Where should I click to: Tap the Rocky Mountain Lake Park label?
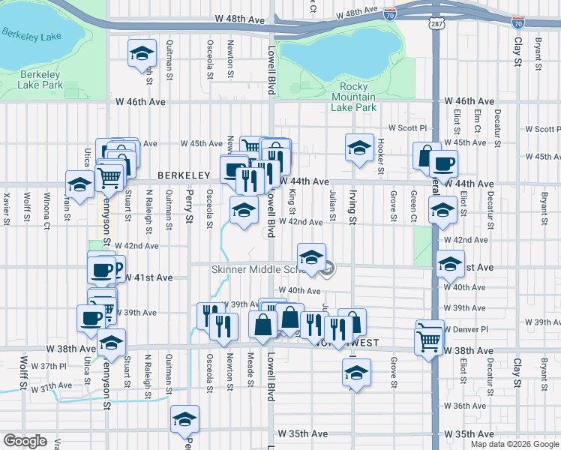[x=353, y=97]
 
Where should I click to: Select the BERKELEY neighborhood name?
[x=182, y=175]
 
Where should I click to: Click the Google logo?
[x=25, y=441]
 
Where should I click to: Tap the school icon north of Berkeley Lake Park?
[x=142, y=55]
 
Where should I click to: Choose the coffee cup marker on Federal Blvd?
[x=443, y=164]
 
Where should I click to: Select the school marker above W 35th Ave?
[x=184, y=421]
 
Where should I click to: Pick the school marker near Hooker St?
[x=359, y=147]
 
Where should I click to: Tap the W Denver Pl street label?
[x=466, y=328]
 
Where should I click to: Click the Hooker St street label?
[x=381, y=157]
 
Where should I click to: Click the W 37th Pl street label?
[x=49, y=365]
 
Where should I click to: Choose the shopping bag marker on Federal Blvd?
[x=426, y=156]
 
